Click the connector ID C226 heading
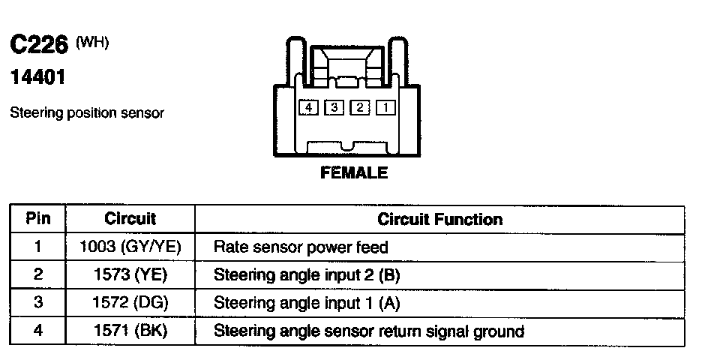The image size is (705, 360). [x=39, y=46]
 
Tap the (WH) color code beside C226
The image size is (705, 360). [x=93, y=43]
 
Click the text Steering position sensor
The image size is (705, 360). [x=86, y=113]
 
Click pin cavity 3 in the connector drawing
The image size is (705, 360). [x=334, y=108]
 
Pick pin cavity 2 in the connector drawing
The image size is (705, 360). [x=360, y=108]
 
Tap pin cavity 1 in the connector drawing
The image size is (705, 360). [x=385, y=108]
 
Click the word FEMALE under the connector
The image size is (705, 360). [x=354, y=172]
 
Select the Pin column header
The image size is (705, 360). [x=37, y=219]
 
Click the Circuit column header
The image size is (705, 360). [x=130, y=219]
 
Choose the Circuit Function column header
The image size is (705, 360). [x=439, y=219]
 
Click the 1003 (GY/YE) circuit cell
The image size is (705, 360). [x=130, y=247]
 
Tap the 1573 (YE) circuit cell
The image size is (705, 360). [x=130, y=275]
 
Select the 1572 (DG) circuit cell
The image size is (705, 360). [x=130, y=303]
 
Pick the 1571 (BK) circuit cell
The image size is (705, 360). [x=130, y=331]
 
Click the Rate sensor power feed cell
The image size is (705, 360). [x=301, y=247]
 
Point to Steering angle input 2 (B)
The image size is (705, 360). [x=307, y=275]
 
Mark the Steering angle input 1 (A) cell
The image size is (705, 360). [x=307, y=303]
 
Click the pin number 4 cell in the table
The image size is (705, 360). [x=37, y=331]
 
